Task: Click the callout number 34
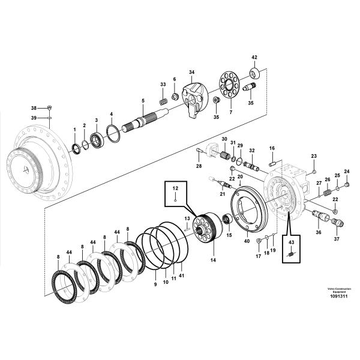191,73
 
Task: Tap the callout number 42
254,58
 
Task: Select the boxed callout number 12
176,188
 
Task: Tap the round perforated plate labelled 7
228,85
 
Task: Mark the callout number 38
34,108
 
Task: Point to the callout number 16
271,148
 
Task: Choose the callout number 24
346,172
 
